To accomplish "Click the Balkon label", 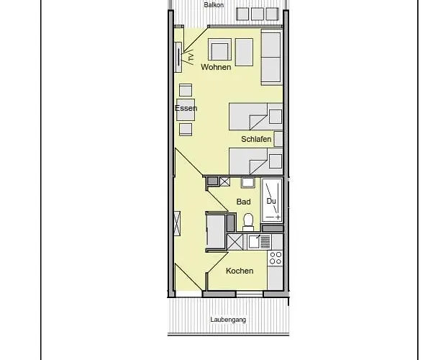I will coord(214,4).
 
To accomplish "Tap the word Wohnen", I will coord(216,67).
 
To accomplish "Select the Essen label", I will coord(186,109).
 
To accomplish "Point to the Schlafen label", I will coord(256,138).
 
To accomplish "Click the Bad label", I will coord(244,202).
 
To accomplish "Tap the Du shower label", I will coord(271,201).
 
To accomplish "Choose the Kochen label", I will coord(240,271).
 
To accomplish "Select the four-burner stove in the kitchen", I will coord(275,257).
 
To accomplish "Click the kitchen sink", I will coord(254,241).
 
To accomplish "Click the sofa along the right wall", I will coord(270,58).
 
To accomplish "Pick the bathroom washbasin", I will coord(247,183).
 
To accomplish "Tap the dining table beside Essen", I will coord(186,109).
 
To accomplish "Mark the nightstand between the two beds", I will coord(278,138).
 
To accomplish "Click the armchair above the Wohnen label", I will coord(219,50).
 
